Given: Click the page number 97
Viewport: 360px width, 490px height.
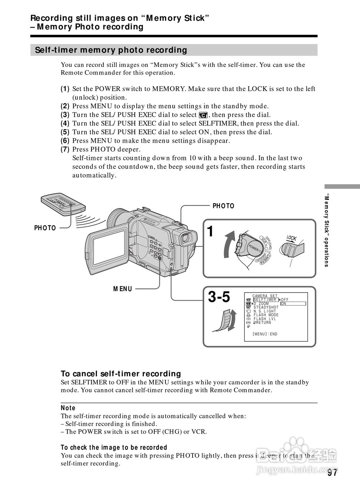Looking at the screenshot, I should point(332,473).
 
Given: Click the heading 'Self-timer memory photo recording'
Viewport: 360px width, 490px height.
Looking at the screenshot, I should point(111,50).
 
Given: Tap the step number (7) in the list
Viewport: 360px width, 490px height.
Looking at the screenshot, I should point(65,149).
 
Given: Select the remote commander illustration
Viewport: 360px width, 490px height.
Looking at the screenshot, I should point(64,203).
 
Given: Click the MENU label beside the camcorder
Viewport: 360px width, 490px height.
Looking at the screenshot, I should point(123,289).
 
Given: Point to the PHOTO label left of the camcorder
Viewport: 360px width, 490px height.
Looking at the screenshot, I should point(45,228).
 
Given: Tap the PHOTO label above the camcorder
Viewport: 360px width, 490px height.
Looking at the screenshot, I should point(223,206).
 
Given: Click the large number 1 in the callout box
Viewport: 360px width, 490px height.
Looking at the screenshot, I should point(210,231).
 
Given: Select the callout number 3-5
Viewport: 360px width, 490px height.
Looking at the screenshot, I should point(219,297).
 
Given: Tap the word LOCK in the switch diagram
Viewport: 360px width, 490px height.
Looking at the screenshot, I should point(291,238).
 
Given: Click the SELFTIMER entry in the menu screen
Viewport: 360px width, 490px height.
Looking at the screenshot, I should point(265,300).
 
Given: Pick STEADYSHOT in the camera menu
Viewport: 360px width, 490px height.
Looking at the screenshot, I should point(266,307).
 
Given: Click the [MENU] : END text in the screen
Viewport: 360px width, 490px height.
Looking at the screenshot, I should point(265,334).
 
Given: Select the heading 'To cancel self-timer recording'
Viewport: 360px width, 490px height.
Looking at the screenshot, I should point(121,374).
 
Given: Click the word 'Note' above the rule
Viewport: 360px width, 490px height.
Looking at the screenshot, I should point(68,408).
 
